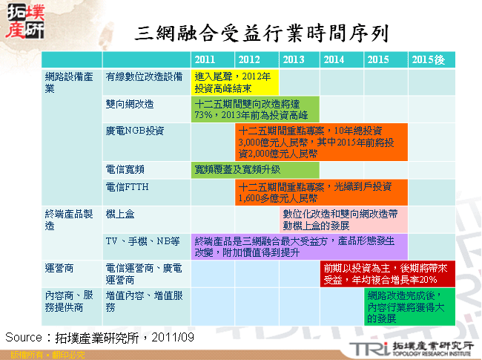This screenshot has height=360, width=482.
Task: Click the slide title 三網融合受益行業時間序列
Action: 263,32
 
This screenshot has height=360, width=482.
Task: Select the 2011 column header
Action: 205,59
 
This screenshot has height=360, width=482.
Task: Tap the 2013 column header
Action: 294,59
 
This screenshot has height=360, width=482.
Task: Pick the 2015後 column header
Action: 428,59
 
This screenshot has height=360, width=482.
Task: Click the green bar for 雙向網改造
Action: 254,109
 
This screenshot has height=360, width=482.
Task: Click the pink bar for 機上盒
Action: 343,219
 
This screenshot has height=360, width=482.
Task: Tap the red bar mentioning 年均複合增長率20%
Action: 386,273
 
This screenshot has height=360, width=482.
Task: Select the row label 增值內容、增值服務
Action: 144,301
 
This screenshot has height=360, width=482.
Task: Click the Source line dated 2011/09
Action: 100,336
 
